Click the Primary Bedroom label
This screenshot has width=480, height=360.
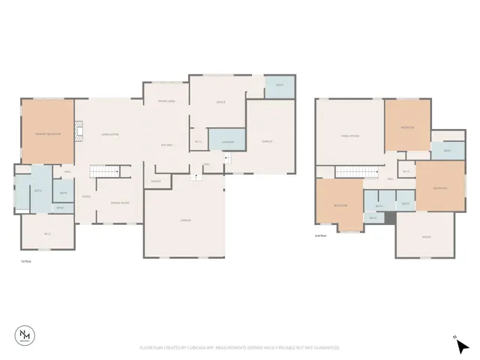(x=47, y=134)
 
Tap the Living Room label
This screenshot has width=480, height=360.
(x=110, y=134)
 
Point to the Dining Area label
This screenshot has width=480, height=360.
(x=166, y=101)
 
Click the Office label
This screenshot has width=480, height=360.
(x=221, y=102)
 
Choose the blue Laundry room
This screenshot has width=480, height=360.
(x=226, y=141)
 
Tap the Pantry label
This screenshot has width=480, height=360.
(x=156, y=181)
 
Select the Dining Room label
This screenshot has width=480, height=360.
(x=120, y=203)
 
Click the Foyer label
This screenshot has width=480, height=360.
(x=87, y=196)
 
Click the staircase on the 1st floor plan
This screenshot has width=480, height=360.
(x=105, y=172)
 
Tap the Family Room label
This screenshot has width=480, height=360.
(x=349, y=136)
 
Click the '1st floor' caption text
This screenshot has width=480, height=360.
(x=25, y=262)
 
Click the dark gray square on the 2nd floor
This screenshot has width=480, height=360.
(x=388, y=218)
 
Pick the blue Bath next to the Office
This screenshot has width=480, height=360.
(x=279, y=85)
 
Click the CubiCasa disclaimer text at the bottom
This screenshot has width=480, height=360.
(x=240, y=348)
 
